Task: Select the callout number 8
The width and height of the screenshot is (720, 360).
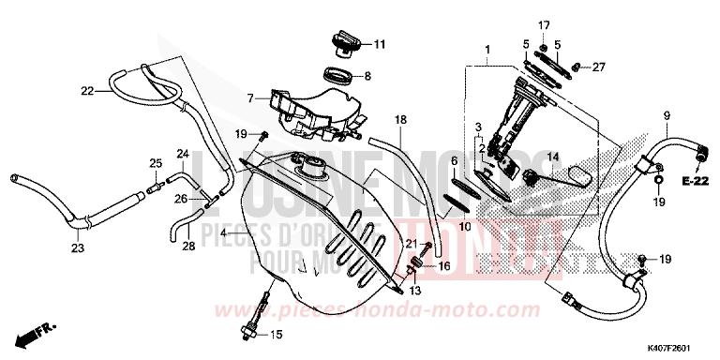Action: tap(367, 76)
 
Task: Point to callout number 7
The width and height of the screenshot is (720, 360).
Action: tap(249, 97)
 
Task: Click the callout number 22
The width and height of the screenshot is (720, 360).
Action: tap(87, 91)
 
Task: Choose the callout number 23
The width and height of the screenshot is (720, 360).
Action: tap(77, 248)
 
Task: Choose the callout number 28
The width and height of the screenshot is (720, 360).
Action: tap(187, 246)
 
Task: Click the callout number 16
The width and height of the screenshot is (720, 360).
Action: tap(444, 265)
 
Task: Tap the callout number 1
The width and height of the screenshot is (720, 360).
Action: tap(487, 48)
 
